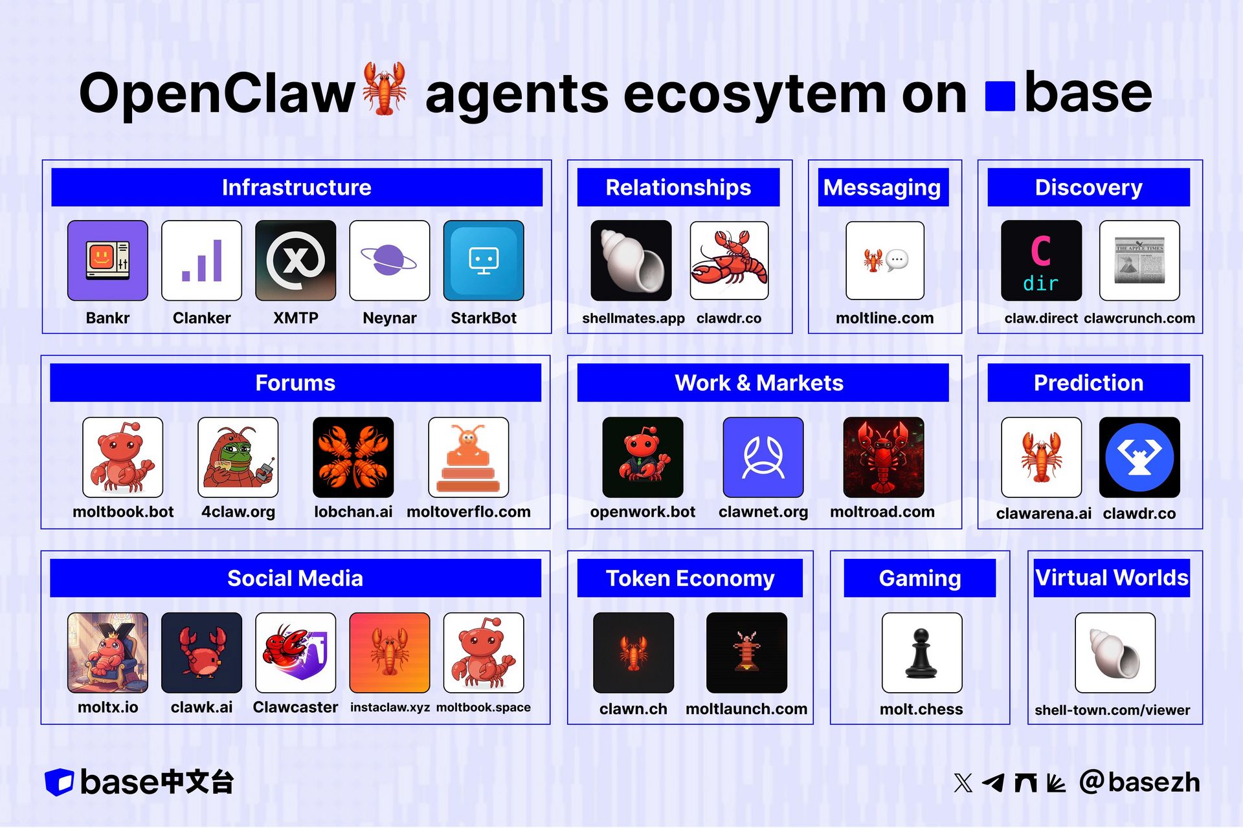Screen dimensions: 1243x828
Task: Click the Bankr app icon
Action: (x=107, y=261)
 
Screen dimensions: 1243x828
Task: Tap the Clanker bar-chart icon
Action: (x=201, y=261)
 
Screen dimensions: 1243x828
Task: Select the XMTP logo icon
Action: (x=296, y=261)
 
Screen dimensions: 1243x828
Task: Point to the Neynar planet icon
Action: (x=390, y=261)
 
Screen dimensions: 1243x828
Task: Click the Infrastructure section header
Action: (x=297, y=188)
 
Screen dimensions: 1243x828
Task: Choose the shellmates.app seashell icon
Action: (x=631, y=261)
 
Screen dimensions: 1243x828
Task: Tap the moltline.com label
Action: (x=884, y=318)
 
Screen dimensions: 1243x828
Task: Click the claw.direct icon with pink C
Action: (x=1041, y=261)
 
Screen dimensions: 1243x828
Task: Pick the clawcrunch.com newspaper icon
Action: (x=1139, y=261)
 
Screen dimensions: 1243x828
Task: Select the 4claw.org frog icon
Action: (x=238, y=457)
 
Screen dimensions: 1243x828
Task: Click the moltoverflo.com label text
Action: (x=469, y=512)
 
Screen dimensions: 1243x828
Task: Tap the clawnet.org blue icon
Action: (x=763, y=457)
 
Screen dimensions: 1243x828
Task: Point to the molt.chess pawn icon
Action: (x=922, y=653)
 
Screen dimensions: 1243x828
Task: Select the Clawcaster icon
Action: (x=296, y=653)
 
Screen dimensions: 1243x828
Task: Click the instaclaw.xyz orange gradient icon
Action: (x=390, y=653)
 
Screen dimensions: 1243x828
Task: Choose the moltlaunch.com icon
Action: (x=746, y=653)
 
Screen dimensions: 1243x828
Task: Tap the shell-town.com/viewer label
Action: (x=1112, y=710)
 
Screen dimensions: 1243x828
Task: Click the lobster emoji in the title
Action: (x=385, y=89)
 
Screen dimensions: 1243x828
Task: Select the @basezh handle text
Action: (x=1139, y=782)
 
